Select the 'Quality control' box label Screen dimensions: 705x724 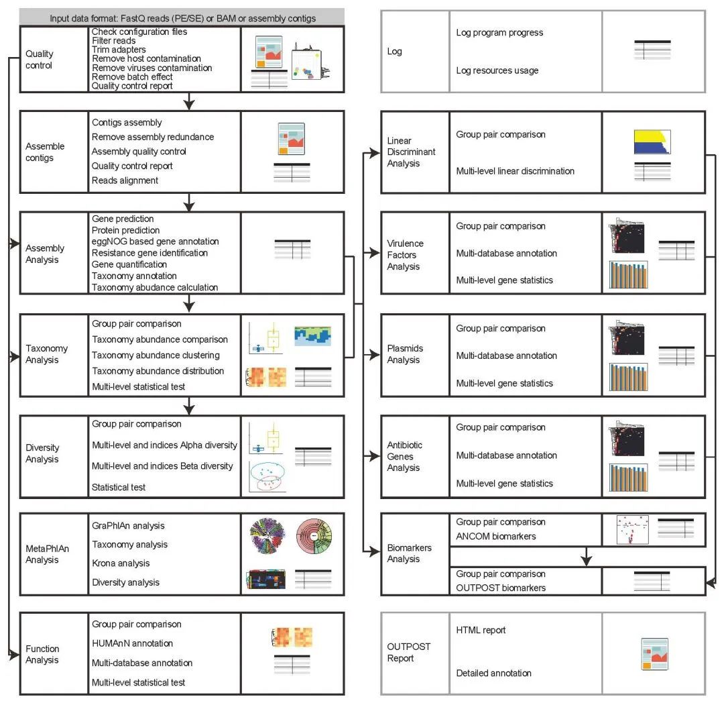pyautogui.click(x=40, y=60)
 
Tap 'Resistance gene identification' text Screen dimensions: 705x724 pyautogui.click(x=149, y=253)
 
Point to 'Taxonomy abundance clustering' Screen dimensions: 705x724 pyautogui.click(x=156, y=355)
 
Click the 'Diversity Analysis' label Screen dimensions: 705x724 pyautogui.click(x=42, y=453)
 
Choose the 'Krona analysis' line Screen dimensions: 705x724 pyautogui.click(x=121, y=563)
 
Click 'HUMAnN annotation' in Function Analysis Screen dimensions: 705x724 pyautogui.click(x=132, y=643)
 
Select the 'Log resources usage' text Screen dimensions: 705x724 pyautogui.click(x=497, y=70)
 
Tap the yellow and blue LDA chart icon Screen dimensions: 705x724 pyautogui.click(x=652, y=142)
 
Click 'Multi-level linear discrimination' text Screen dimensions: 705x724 pyautogui.click(x=515, y=171)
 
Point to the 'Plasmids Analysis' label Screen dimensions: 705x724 pyautogui.click(x=405, y=354)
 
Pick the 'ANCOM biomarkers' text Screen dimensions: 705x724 pyautogui.click(x=496, y=536)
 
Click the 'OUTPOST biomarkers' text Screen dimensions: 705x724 pyautogui.click(x=501, y=588)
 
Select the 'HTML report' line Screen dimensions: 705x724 pyautogui.click(x=481, y=630)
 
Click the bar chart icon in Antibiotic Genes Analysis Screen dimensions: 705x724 pyautogui.click(x=628, y=478)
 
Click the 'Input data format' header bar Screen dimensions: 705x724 pyautogui.click(x=182, y=17)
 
